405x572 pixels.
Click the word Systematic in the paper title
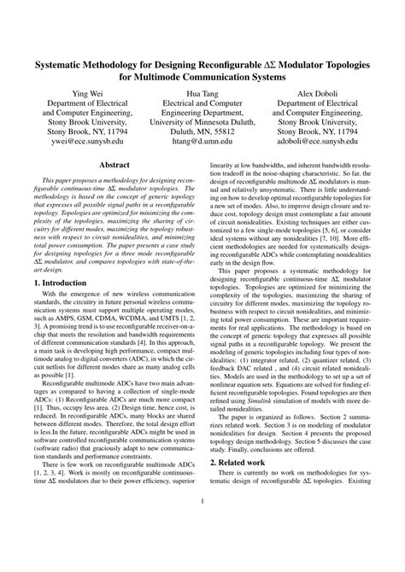[64, 64]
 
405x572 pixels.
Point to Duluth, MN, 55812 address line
[202, 132]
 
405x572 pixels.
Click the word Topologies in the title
[343, 64]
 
